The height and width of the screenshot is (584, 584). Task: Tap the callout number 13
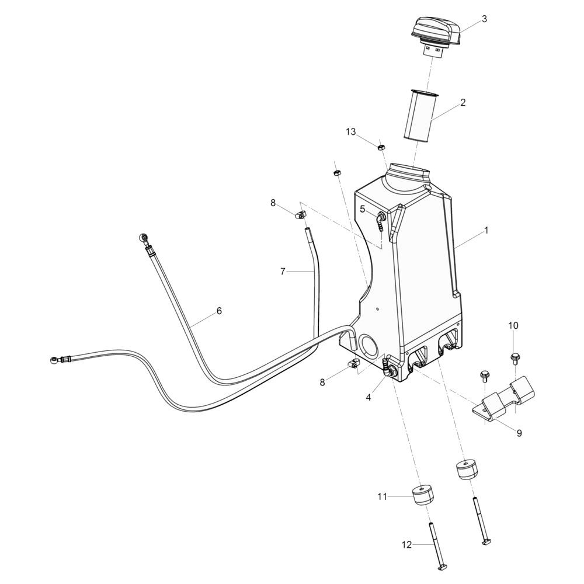point(350,132)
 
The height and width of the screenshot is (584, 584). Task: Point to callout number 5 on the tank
point(363,208)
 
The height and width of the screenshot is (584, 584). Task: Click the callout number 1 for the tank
point(486,231)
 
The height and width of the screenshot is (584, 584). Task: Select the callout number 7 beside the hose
point(283,271)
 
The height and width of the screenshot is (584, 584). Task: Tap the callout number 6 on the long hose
point(219,311)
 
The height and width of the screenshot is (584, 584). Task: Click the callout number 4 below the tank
point(369,397)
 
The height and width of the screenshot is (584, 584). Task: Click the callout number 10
point(513,325)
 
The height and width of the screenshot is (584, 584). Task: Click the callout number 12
point(406,545)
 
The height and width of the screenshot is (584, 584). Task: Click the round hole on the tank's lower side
point(369,346)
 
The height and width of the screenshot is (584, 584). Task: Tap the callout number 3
point(484,19)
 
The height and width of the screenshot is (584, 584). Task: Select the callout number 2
point(463,103)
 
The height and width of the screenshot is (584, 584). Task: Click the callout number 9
point(519,433)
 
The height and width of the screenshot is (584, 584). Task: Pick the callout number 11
point(382,496)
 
